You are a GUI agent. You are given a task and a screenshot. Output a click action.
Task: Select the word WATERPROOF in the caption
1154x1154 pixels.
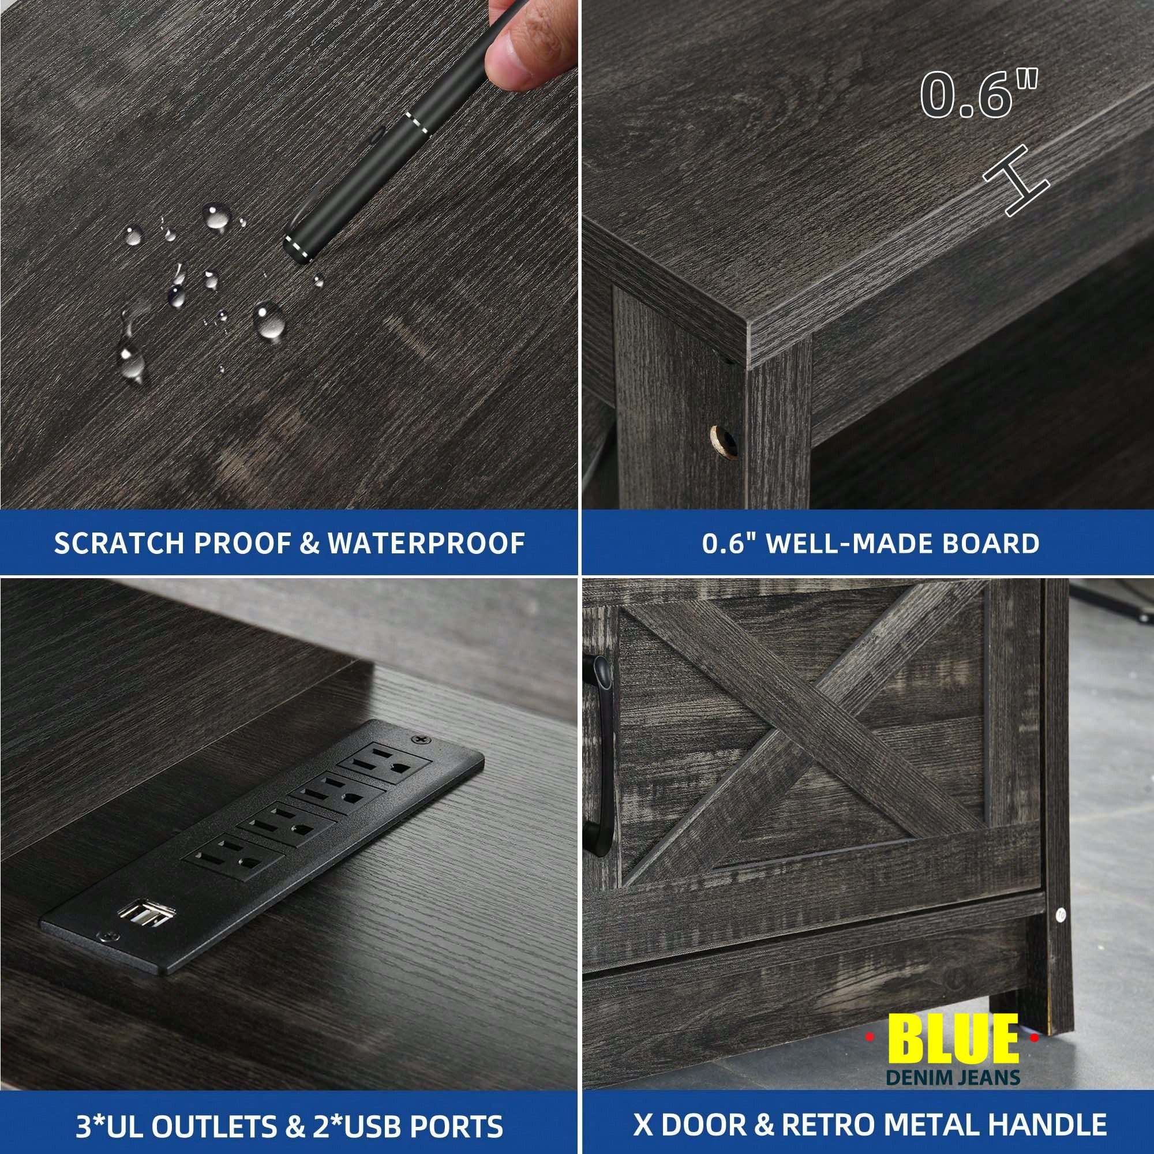pyautogui.click(x=426, y=543)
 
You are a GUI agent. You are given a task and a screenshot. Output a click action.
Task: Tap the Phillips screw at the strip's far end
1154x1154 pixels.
pyautogui.click(x=424, y=740)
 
